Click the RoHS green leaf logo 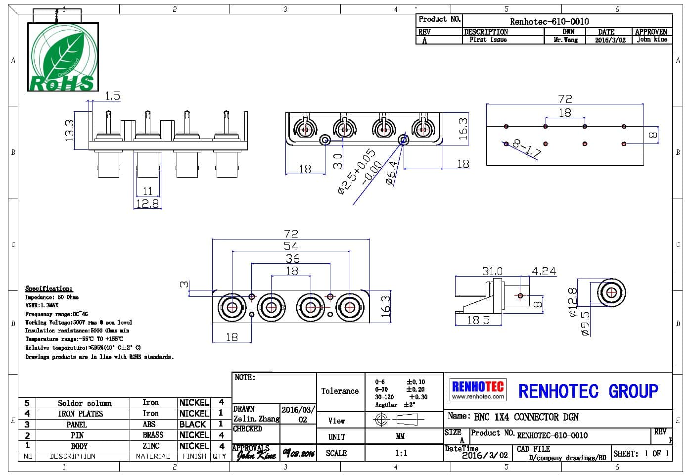coord(63,57)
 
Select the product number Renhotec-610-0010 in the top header coord(549,21)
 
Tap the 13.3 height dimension coord(69,130)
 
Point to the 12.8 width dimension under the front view coord(147,203)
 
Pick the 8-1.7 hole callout coord(526,148)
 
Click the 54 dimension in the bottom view coord(291,246)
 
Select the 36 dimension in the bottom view coord(292,258)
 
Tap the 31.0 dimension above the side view coord(492,271)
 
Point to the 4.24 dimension coord(544,271)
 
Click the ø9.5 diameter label coord(585,324)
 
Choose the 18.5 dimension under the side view coord(478,320)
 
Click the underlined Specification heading coord(48,288)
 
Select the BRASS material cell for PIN coord(153,435)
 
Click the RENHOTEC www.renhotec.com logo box coord(478,389)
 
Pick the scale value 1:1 coord(401,453)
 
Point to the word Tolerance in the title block coord(340,391)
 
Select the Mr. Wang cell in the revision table coord(565,40)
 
